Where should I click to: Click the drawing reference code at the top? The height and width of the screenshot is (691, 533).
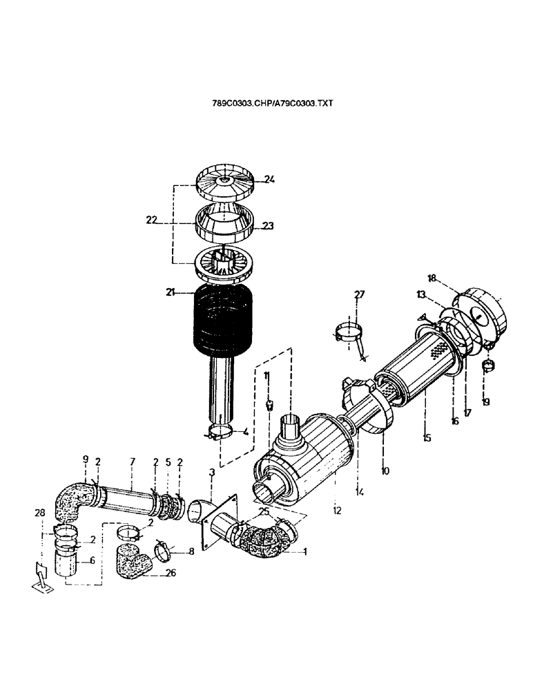273,102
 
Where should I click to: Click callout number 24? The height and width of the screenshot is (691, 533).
269,179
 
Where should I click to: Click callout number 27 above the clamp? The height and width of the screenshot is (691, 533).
359,294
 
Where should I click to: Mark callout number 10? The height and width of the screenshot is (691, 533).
385,471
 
